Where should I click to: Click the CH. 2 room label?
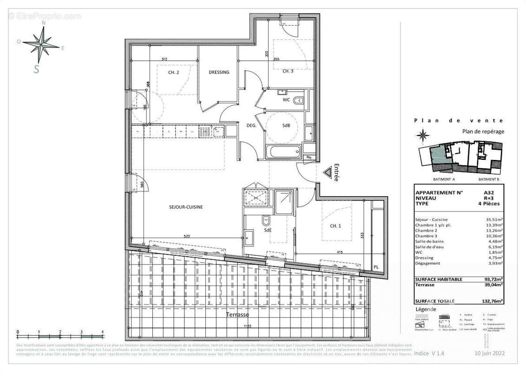pyautogui.click(x=173, y=73)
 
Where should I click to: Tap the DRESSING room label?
pyautogui.click(x=219, y=72)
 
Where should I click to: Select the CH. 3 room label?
pyautogui.click(x=288, y=71)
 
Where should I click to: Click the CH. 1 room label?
pyautogui.click(x=335, y=226)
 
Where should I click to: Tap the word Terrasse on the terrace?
pyautogui.click(x=237, y=315)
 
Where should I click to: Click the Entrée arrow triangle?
pyautogui.click(x=330, y=173)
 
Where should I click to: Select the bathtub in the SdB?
pyautogui.click(x=283, y=151)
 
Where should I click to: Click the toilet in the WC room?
pyautogui.click(x=299, y=100)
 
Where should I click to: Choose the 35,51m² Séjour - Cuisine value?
pyautogui.click(x=494, y=219)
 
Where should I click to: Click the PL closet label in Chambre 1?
pyautogui.click(x=375, y=267)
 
